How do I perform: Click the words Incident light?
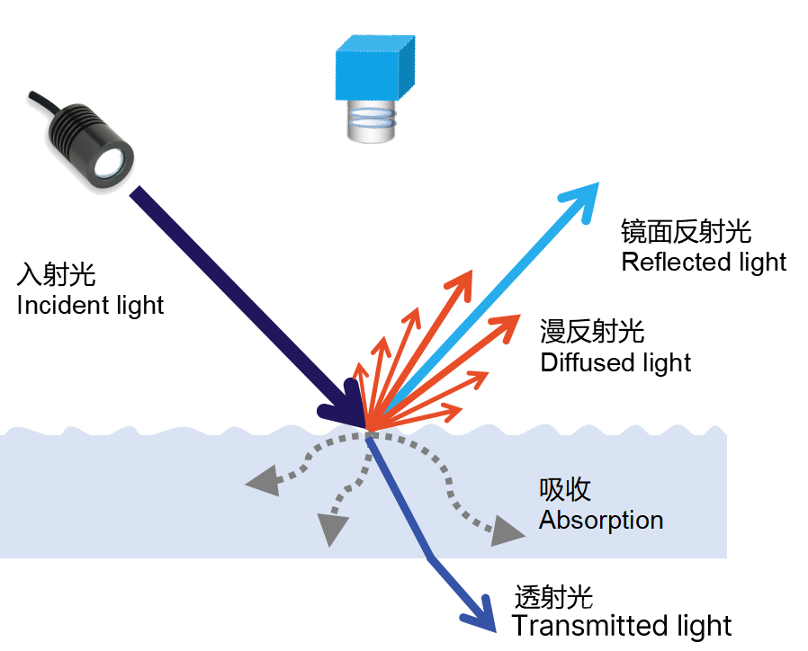tap(90, 305)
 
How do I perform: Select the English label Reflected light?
tap(704, 262)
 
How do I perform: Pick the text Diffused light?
tap(615, 362)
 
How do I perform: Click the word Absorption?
tap(601, 520)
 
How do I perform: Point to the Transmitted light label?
tap(622, 626)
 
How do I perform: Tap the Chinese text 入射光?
tap(56, 274)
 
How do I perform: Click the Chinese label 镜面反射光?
tap(686, 232)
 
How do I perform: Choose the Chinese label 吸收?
tap(565, 489)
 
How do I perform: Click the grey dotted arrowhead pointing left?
tap(261, 483)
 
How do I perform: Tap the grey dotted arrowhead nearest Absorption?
tap(507, 531)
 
